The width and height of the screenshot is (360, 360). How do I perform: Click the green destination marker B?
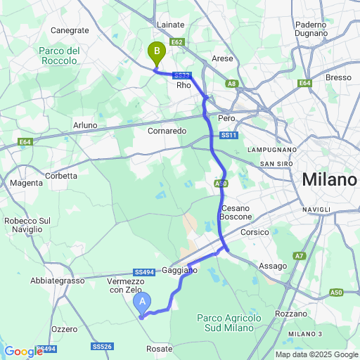[156, 51]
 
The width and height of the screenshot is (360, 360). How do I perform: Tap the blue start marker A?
[142, 302]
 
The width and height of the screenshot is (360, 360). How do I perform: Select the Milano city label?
[329, 179]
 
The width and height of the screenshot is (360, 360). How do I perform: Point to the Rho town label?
[184, 85]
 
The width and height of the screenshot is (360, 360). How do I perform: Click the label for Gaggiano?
[180, 269]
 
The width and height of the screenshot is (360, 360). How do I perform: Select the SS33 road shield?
[181, 75]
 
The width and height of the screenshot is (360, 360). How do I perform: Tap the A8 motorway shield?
[232, 83]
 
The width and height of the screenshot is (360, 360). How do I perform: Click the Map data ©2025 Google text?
[316, 354]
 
